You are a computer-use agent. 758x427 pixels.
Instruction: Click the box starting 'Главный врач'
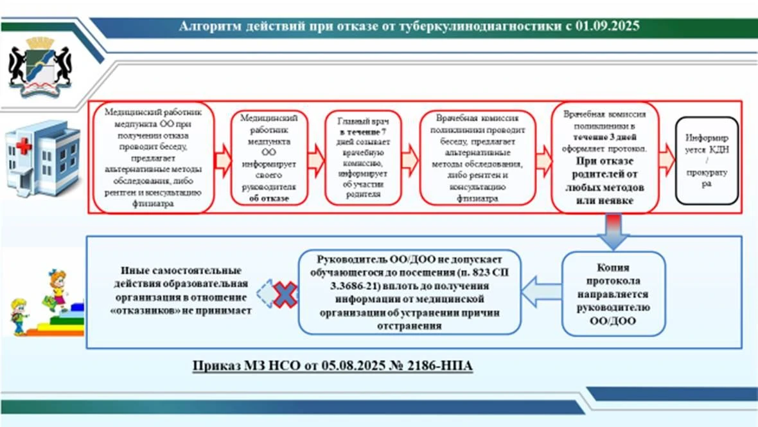pyautogui.click(x=362, y=158)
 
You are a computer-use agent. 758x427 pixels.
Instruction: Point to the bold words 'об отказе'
pyautogui.click(x=269, y=199)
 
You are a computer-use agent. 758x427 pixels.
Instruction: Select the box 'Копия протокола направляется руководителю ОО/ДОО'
pyautogui.click(x=613, y=293)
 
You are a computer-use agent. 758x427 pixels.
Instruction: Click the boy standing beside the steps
pyautogui.click(x=19, y=315)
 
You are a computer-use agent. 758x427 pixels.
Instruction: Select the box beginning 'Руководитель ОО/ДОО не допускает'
pyautogui.click(x=409, y=292)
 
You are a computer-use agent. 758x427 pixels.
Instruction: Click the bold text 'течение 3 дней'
pyautogui.click(x=604, y=137)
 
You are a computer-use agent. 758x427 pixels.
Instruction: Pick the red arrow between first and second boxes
pyautogui.click(x=222, y=158)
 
